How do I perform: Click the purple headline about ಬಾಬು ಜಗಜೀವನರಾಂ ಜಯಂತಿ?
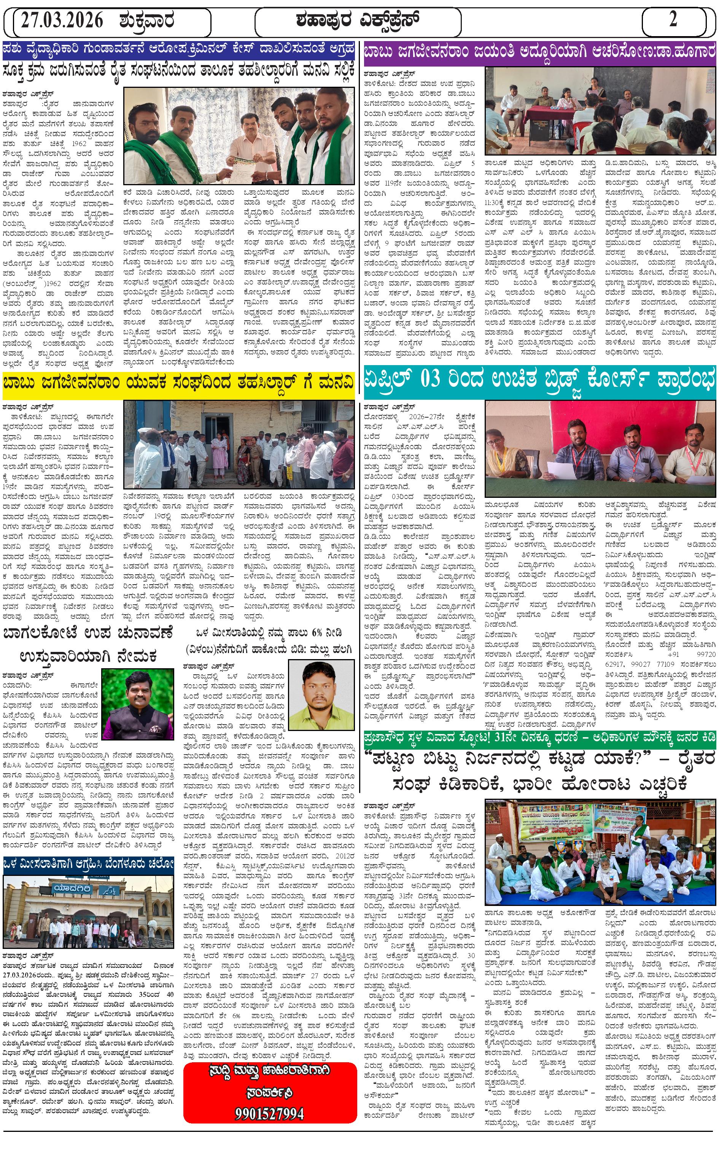click(x=540, y=51)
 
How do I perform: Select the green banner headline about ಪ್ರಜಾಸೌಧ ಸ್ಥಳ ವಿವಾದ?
click(x=540, y=737)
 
